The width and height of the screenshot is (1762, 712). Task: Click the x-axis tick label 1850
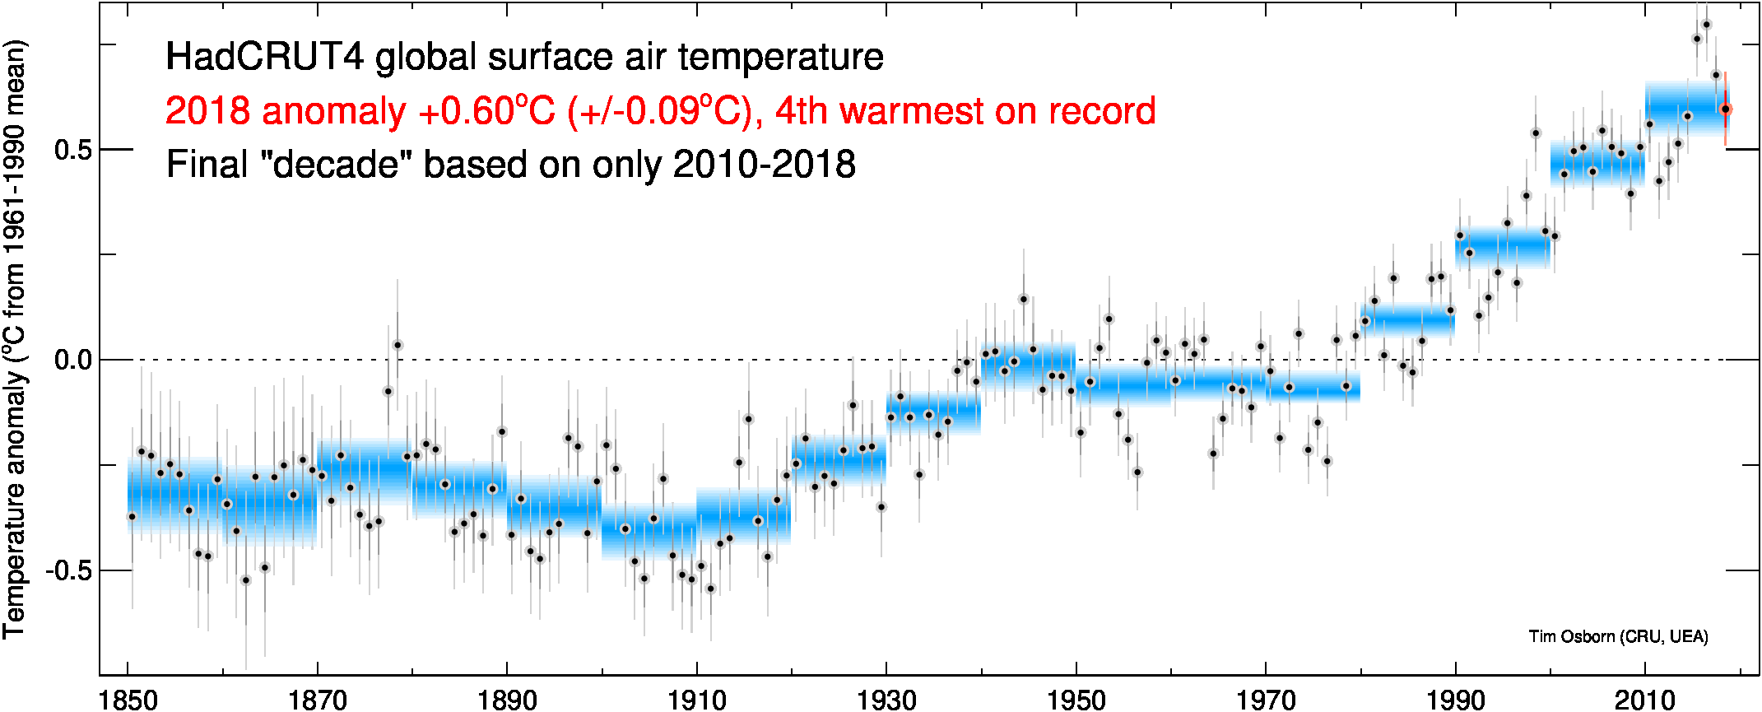pyautogui.click(x=128, y=700)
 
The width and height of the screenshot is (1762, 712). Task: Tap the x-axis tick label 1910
pyautogui.click(x=697, y=700)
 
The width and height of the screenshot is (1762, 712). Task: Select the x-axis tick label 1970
pyautogui.click(x=1266, y=700)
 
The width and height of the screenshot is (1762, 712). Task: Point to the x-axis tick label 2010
pyautogui.click(x=1645, y=700)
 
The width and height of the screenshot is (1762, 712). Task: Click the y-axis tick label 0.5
pyautogui.click(x=72, y=150)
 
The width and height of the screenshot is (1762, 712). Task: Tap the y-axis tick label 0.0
pyautogui.click(x=72, y=361)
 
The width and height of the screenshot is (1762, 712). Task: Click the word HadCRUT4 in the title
pyautogui.click(x=264, y=58)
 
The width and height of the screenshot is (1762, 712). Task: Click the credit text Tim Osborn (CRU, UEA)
pyautogui.click(x=1618, y=636)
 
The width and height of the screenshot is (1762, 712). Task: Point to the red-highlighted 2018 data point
pyautogui.click(x=1726, y=109)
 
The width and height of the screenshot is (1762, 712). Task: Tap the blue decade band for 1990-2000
pyautogui.click(x=1503, y=247)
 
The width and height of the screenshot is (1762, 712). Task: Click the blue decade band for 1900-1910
pyautogui.click(x=649, y=531)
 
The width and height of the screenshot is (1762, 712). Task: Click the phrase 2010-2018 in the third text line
pyautogui.click(x=764, y=165)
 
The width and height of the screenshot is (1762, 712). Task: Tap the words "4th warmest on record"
pyautogui.click(x=965, y=111)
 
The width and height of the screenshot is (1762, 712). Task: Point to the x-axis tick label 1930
pyautogui.click(x=886, y=700)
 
